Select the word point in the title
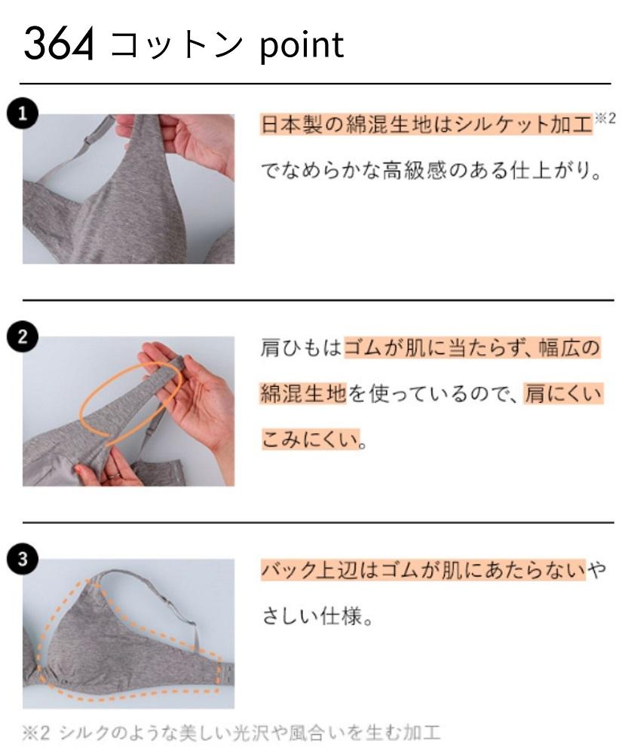(x=302, y=45)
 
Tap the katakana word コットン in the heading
(x=178, y=45)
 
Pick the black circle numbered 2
(x=27, y=337)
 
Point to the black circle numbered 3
(x=27, y=559)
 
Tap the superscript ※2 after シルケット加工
(x=605, y=119)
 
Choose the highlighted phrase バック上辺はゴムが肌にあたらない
(x=423, y=570)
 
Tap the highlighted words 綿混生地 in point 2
(x=302, y=392)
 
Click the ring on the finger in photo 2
(x=111, y=475)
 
